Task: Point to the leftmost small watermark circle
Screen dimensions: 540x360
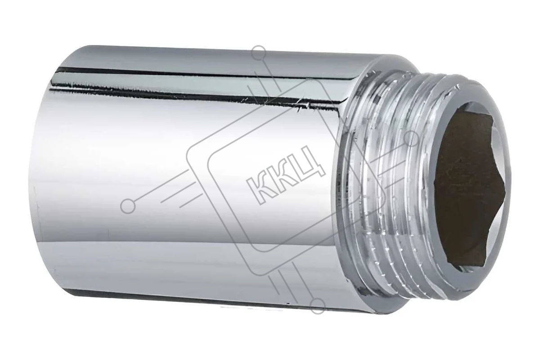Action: coord(128,206)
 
